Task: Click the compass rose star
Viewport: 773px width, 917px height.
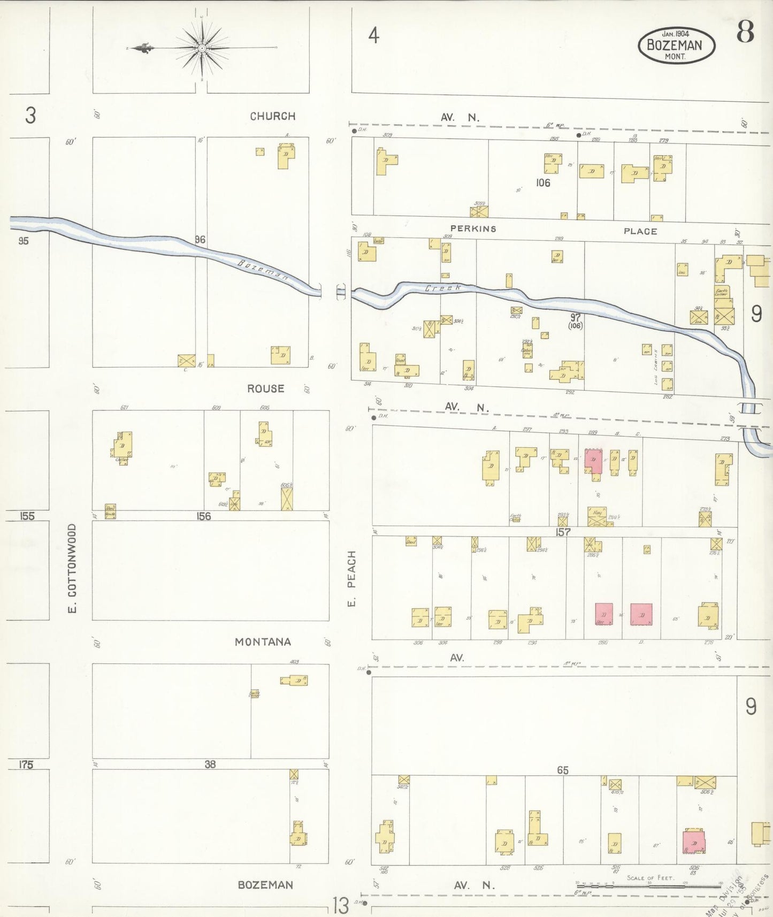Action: click(202, 49)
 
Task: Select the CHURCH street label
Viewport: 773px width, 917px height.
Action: click(272, 116)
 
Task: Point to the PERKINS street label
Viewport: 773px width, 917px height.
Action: click(473, 229)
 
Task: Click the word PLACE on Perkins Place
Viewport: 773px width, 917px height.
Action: click(640, 231)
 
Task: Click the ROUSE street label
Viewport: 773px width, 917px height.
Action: click(265, 389)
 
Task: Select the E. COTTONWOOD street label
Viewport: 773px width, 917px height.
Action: click(72, 568)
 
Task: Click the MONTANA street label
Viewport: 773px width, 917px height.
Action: click(263, 642)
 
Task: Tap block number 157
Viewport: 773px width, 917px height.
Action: click(563, 532)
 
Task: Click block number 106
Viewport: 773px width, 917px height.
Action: click(543, 183)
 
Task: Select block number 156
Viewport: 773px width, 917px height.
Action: click(203, 516)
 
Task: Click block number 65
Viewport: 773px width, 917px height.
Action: click(562, 770)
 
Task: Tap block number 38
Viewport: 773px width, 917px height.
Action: click(210, 765)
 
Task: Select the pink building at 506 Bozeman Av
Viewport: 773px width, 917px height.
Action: click(694, 842)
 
